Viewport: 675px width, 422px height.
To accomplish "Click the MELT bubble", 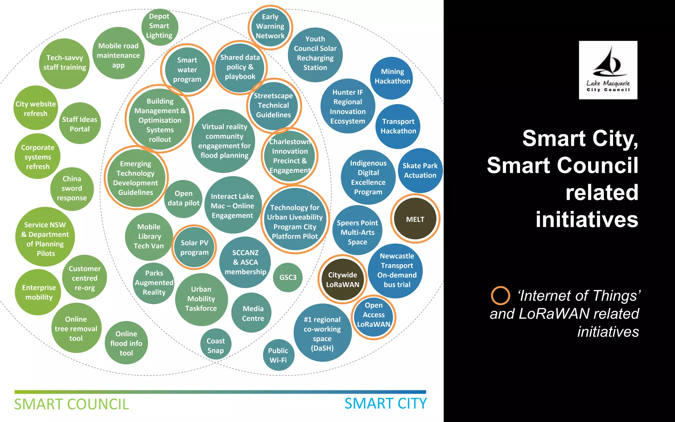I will [x=415, y=219].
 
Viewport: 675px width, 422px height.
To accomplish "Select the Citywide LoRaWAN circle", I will [x=342, y=280].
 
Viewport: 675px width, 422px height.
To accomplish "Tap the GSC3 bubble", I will [x=288, y=277].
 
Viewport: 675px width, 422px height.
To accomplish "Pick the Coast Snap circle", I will [x=216, y=345].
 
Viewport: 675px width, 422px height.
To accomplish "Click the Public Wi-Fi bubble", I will [x=278, y=355].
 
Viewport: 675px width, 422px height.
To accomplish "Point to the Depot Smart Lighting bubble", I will [x=160, y=26].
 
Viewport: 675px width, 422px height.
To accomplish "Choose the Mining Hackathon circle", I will [x=392, y=76].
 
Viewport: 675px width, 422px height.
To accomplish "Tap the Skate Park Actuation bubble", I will [x=420, y=170].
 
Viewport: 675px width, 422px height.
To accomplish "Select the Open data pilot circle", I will [x=184, y=198].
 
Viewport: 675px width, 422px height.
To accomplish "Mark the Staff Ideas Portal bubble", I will [x=80, y=124].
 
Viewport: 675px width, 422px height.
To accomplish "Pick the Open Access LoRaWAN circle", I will [x=373, y=315].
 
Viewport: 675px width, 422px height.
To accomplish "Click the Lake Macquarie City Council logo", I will [x=608, y=70].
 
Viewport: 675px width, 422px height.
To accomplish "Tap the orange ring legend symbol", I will [x=500, y=295].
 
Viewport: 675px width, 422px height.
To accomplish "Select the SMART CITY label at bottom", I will [x=386, y=404].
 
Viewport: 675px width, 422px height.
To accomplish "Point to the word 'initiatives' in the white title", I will [x=587, y=220].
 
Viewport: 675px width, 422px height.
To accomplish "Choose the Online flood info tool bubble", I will [x=126, y=343].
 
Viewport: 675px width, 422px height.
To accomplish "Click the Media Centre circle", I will [x=253, y=313].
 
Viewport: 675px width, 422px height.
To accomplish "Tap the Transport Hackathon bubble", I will [x=398, y=126].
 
